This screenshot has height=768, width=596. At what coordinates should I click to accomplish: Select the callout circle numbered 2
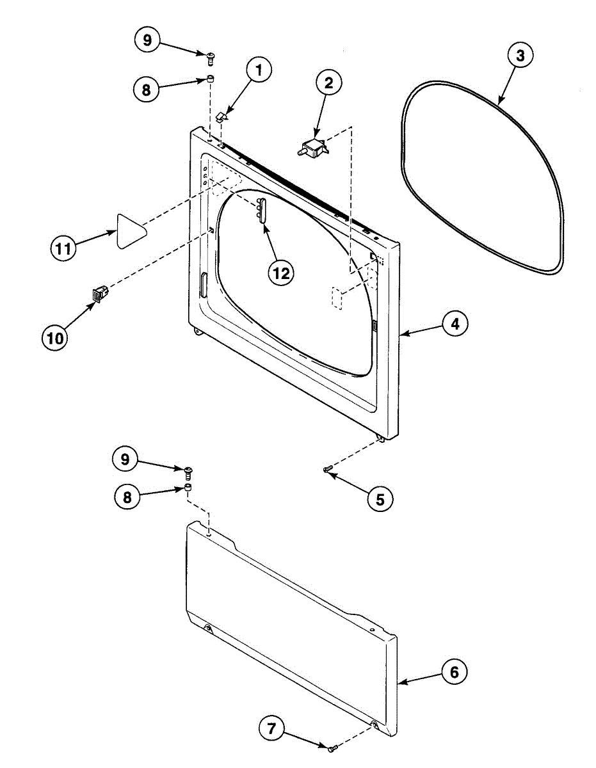coord(328,82)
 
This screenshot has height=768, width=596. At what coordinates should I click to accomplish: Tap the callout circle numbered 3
coord(520,56)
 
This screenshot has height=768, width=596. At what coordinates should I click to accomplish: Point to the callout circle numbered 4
coord(454,324)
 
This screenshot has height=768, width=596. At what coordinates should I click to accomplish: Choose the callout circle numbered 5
coord(380,498)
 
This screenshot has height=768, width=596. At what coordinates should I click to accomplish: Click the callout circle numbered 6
coord(454,673)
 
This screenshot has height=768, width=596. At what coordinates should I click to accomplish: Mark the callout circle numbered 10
coord(56,337)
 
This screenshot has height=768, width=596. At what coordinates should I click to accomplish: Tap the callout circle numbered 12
coord(280,273)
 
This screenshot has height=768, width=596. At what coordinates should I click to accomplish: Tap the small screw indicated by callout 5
coord(328,470)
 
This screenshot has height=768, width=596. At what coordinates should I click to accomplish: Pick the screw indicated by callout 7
coord(331,747)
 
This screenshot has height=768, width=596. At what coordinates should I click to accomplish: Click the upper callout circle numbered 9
coord(147,40)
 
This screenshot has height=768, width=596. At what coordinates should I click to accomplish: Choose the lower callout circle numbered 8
coord(128,497)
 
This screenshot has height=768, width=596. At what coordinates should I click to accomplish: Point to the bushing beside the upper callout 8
coord(209,79)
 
